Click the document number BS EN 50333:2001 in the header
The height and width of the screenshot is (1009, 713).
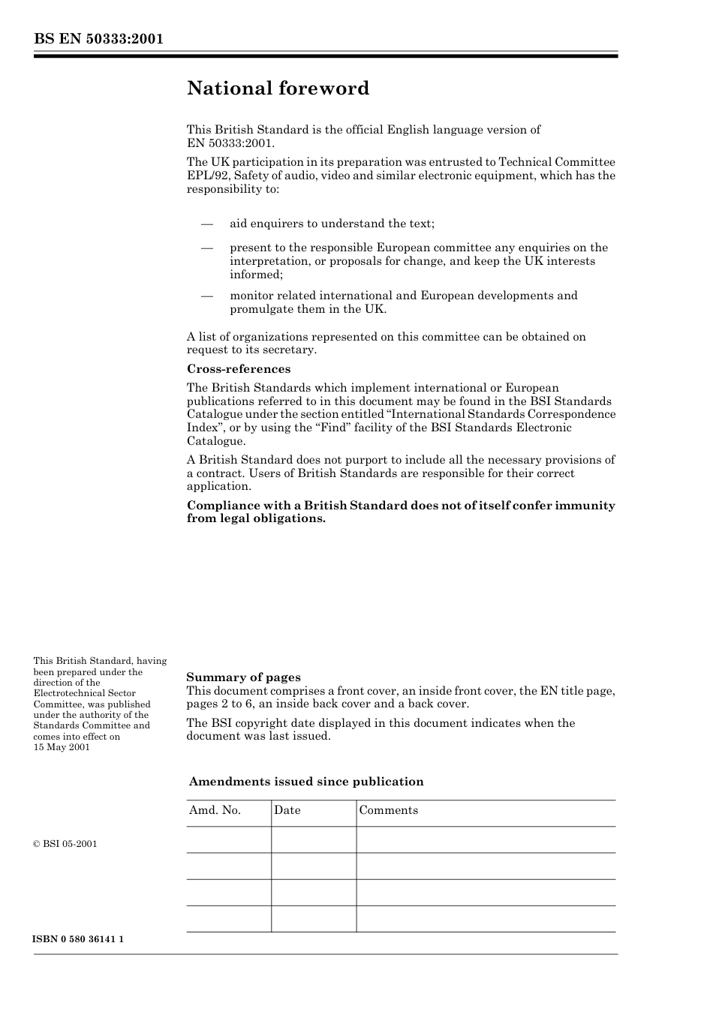[x=98, y=39]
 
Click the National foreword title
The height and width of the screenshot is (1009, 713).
[x=278, y=89]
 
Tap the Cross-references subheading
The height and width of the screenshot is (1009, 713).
[x=239, y=369]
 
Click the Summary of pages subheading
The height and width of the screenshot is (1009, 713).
[x=243, y=677]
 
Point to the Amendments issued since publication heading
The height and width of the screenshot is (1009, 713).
[x=306, y=782]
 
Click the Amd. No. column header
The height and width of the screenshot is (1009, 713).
[x=215, y=810]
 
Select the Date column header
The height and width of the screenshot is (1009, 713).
[x=287, y=810]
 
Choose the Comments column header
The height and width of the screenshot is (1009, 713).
[x=389, y=810]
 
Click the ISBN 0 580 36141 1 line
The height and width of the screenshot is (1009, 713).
[x=79, y=939]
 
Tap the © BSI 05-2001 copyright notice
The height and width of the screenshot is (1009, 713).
[x=65, y=844]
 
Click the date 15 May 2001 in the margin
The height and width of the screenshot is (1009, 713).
[x=62, y=747]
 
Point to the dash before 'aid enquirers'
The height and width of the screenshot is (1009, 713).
[x=207, y=224]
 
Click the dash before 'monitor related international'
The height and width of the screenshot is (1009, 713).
[x=207, y=296]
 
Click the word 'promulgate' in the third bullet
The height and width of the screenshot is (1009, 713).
[x=260, y=309]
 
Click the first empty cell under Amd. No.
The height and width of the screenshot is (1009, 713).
[x=229, y=839]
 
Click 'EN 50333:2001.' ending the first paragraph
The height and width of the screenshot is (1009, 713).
[x=231, y=143]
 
